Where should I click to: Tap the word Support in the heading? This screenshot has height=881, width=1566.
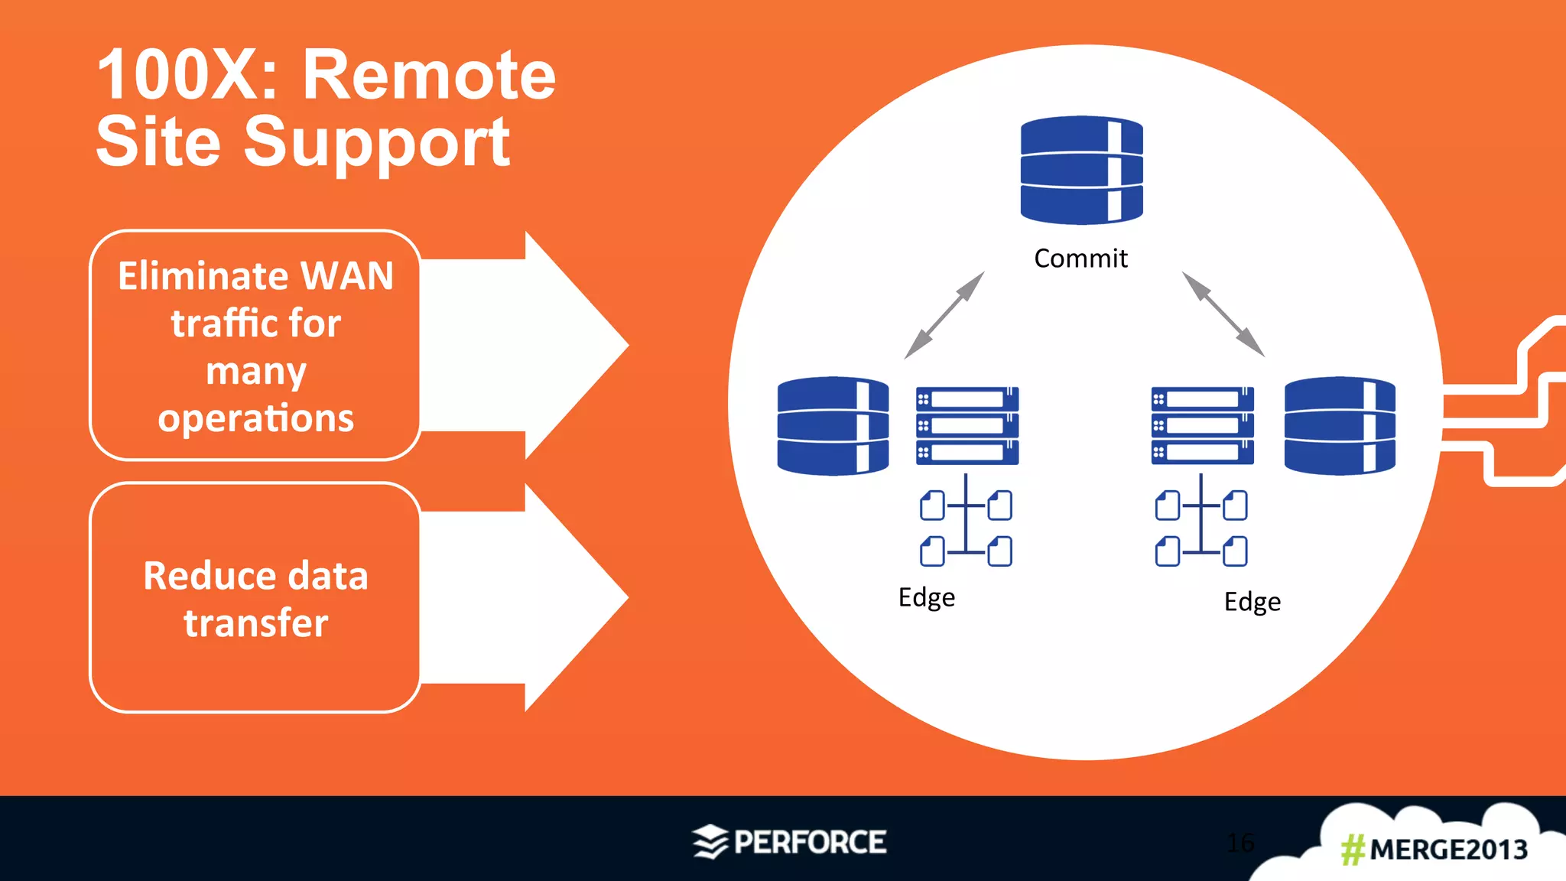(376, 142)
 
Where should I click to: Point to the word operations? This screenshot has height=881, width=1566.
(255, 418)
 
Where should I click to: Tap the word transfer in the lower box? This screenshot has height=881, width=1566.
(255, 623)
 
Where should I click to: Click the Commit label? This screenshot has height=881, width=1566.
(1080, 258)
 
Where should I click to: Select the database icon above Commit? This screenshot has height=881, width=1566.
(1081, 170)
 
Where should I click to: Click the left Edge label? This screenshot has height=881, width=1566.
(926, 597)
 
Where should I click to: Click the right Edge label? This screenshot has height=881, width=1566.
(1252, 602)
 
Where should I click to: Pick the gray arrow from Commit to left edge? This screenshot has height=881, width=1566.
(944, 314)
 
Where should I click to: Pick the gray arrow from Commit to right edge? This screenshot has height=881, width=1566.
(1223, 314)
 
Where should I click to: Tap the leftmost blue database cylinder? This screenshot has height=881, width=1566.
(833, 425)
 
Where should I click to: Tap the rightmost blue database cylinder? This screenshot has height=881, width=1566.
(1340, 425)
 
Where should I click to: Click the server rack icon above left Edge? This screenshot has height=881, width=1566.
(967, 425)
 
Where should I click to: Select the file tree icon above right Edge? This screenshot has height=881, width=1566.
(1200, 521)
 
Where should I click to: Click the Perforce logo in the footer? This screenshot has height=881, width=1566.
(790, 842)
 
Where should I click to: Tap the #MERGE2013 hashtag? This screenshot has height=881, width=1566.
(1434, 850)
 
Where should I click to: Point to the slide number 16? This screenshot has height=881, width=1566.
(1240, 843)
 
